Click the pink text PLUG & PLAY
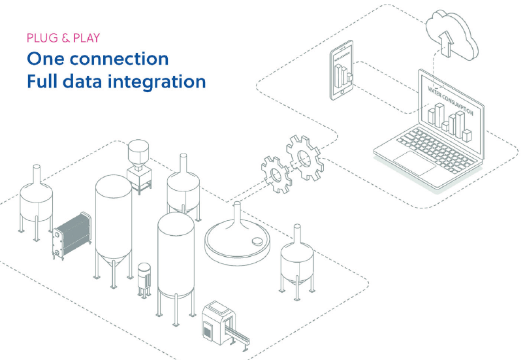point(63,38)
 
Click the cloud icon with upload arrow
point(452,33)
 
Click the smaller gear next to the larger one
point(276,171)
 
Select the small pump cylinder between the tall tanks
point(144,280)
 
